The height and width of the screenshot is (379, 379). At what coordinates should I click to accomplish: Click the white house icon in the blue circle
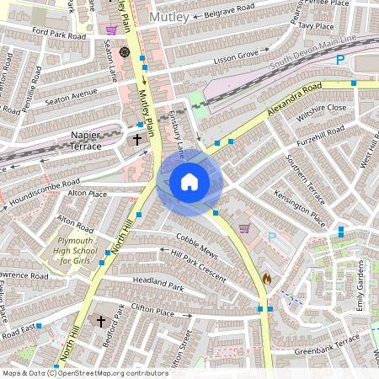[x=189, y=181]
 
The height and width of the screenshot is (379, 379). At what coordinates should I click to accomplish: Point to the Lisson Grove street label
[x=236, y=55]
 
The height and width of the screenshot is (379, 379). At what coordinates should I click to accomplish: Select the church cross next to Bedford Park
[x=101, y=321]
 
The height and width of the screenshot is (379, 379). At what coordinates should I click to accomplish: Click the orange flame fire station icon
[x=267, y=277]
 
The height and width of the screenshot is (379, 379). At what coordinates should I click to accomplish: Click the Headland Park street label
[x=157, y=287]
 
